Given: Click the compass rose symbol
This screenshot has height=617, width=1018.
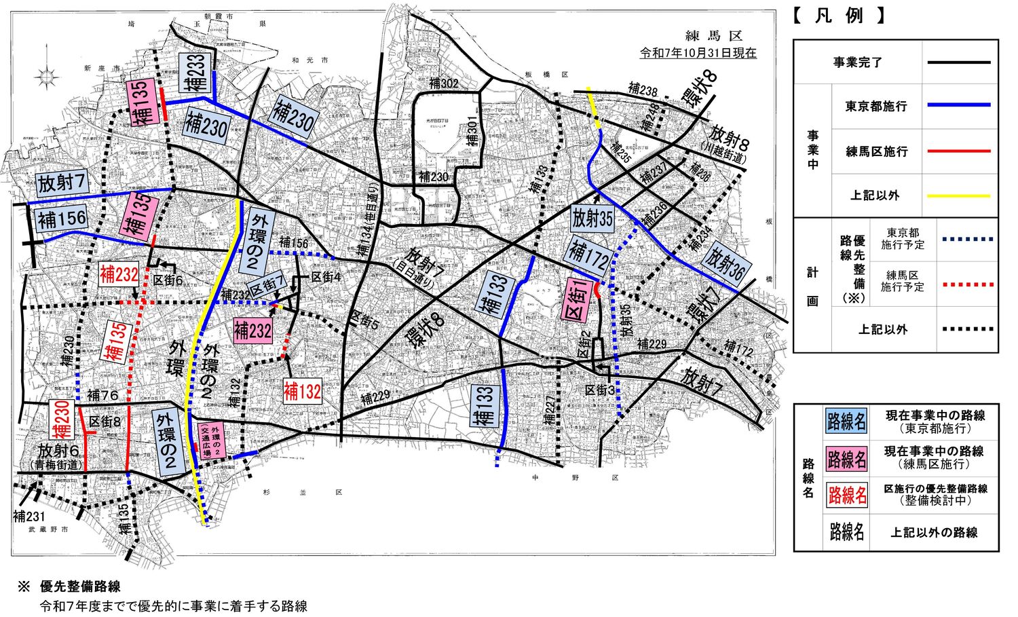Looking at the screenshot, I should pos(46,75).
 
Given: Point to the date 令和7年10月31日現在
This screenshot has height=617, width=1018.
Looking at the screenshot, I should pos(698,53).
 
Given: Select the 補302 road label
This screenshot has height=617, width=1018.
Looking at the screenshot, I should pos(444,83).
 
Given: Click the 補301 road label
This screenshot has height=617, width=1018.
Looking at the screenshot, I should pos(472,129).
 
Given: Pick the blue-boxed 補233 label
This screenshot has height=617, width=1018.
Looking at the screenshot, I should pos(195,73).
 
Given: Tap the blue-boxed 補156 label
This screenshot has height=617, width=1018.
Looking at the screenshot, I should pos(62,219).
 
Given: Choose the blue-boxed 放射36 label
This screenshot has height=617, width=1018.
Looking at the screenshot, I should pos(725,264).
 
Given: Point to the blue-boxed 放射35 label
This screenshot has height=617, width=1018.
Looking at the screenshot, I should pos(592,218).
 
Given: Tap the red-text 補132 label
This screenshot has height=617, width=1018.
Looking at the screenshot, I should pos(302,392).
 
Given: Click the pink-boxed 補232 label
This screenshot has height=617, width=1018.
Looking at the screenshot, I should pos(252,331).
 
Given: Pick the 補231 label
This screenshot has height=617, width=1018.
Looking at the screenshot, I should pos(29,517).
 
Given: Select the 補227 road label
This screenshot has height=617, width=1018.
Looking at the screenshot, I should pos(549,413).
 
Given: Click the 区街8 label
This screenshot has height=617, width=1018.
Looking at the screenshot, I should pos(105,422).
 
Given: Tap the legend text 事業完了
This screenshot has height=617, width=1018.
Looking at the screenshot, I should pos(858,62).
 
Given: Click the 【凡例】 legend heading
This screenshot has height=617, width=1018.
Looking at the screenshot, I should pos(838,16).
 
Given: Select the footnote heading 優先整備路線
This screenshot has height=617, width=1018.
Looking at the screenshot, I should pos(80,586).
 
